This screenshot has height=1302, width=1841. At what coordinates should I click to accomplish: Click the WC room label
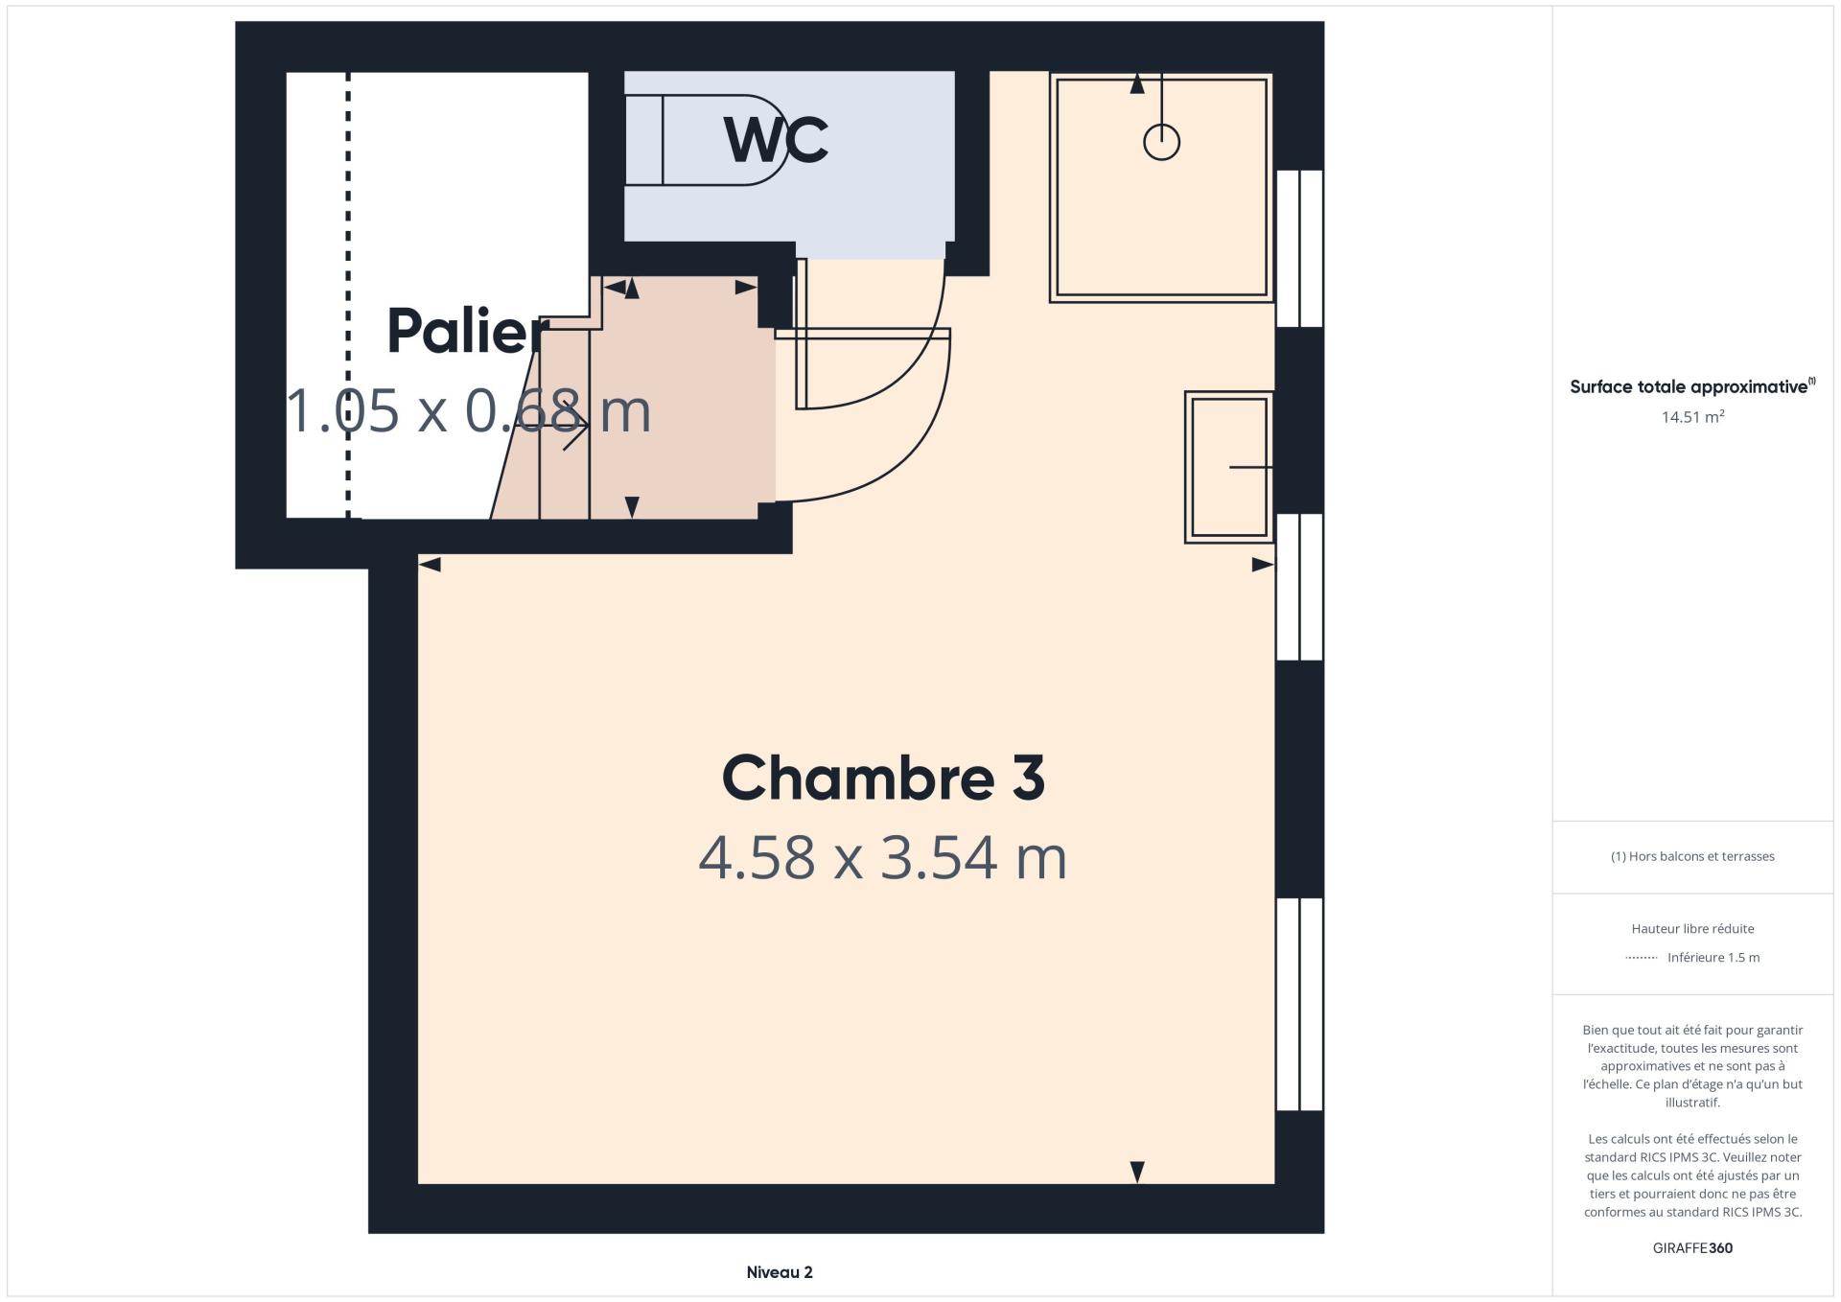click(776, 140)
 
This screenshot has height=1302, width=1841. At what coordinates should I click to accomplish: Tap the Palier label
click(468, 332)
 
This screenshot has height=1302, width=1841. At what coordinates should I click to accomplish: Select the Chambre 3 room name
click(883, 778)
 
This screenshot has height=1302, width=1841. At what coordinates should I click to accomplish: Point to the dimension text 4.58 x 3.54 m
click(882, 857)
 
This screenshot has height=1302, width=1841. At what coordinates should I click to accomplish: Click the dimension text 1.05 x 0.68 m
click(469, 410)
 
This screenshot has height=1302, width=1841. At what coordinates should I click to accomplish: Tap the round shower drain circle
click(1161, 142)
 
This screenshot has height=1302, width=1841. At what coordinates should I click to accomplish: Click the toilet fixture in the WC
click(705, 140)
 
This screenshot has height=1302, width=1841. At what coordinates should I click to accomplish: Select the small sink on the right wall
click(1228, 467)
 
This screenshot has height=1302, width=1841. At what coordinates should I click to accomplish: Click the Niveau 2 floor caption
click(780, 1272)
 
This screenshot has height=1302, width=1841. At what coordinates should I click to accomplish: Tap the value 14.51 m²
click(1692, 417)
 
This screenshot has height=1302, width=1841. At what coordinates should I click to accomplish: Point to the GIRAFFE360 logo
click(1692, 1248)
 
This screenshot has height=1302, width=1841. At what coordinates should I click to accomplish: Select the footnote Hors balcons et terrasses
click(1692, 856)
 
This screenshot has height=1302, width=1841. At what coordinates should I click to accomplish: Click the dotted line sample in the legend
click(1642, 958)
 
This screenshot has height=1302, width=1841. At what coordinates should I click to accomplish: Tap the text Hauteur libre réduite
click(1692, 928)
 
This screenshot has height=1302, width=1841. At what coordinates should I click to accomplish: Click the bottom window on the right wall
click(1299, 1004)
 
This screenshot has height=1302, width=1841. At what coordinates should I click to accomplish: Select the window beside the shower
click(1299, 248)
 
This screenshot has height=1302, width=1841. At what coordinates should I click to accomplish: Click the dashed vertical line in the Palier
click(348, 295)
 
